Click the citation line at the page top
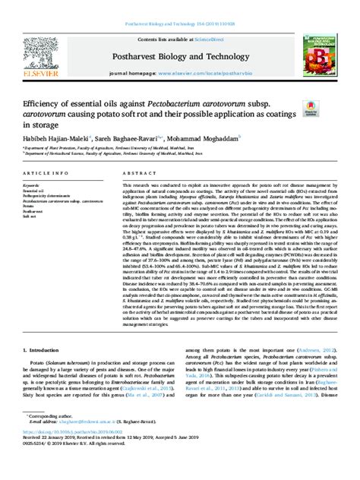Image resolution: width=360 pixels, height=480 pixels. pyautogui.click(x=179, y=10)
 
